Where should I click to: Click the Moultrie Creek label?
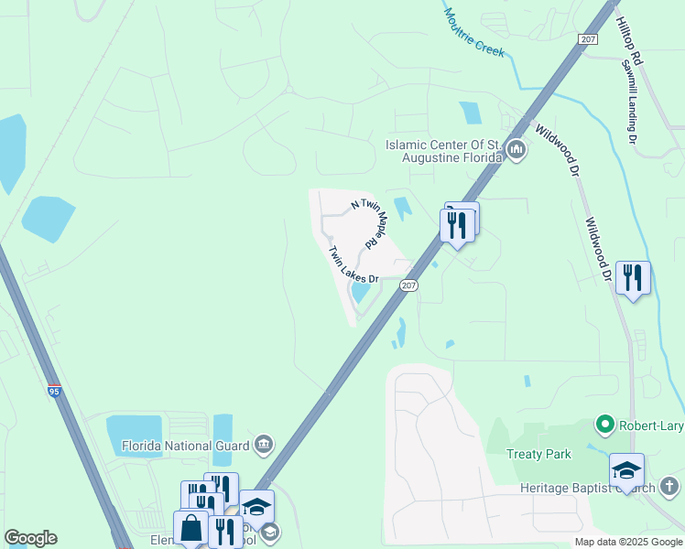point(474,33)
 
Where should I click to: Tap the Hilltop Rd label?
point(631,39)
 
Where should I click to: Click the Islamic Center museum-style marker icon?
point(516,149)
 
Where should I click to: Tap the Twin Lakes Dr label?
point(353,264)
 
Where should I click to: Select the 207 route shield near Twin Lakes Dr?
point(409,286)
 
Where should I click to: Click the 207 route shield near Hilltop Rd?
point(589,38)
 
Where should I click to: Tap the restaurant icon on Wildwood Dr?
point(633,277)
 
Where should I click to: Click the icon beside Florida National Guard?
point(264,444)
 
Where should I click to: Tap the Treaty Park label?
point(538,454)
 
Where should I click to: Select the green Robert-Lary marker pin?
point(604,424)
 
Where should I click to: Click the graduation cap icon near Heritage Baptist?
point(626,469)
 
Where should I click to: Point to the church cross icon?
point(669,486)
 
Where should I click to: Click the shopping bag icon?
point(190,528)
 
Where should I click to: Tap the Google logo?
point(30,538)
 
